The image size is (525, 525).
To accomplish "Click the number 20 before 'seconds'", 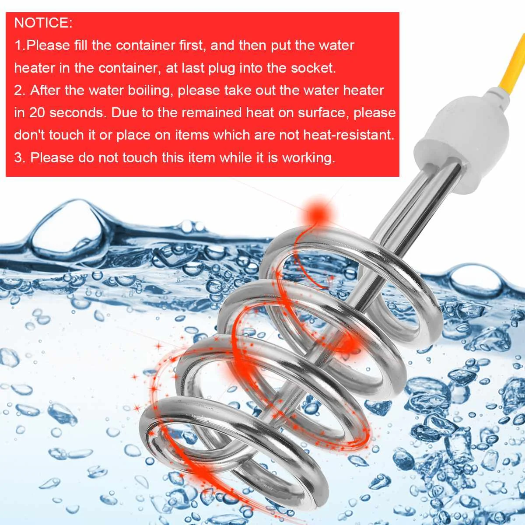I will pos(37,113).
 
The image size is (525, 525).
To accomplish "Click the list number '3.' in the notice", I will pos(20,157).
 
